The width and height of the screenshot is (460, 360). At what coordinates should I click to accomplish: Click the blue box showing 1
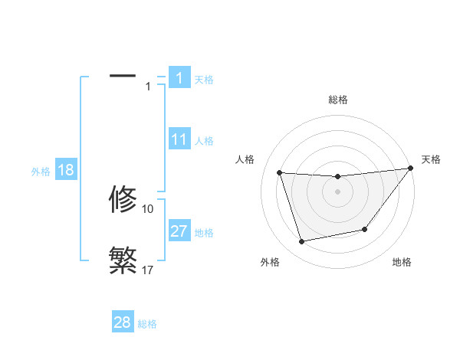(179, 78)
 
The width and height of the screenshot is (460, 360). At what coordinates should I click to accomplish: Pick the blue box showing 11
(179, 139)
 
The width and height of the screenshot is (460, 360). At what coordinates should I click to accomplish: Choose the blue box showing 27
(179, 231)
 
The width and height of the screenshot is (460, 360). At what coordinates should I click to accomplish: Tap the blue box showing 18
(66, 170)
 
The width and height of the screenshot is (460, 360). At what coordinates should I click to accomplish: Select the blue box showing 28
(123, 322)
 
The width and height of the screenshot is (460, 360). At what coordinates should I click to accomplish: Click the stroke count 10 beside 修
(148, 208)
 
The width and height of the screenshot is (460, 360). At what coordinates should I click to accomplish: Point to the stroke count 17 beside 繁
(148, 270)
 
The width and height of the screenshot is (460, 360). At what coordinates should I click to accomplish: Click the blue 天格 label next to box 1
(204, 80)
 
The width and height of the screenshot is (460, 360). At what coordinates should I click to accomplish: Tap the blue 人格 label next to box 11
(204, 141)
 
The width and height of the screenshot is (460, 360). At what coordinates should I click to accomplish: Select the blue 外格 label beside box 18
(41, 172)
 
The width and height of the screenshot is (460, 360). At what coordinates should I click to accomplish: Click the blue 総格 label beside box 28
(147, 324)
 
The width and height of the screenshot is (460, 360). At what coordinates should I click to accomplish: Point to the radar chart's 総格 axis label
(337, 100)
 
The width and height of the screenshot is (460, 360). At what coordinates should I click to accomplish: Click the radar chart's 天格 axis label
(432, 159)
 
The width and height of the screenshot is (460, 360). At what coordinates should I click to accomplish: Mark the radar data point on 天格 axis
(411, 169)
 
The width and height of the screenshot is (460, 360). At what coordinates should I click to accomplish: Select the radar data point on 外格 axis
(302, 242)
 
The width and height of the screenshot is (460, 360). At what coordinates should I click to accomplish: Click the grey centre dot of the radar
(337, 191)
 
